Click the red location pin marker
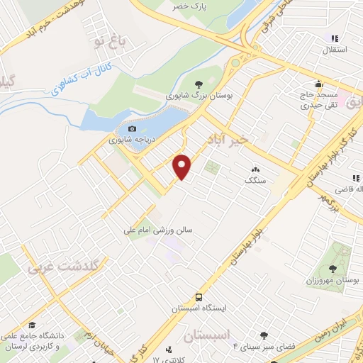(183, 167)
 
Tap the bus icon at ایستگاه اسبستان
(199, 298)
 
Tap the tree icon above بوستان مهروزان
(333, 267)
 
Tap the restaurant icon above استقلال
(335, 38)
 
